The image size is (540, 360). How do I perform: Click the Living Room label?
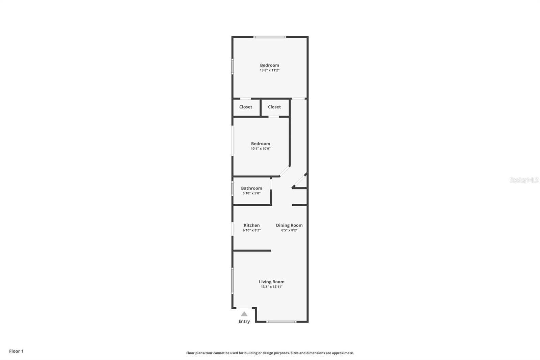[x=271, y=282]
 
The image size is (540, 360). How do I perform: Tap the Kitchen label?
[x=252, y=225]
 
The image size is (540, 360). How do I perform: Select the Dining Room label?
[x=289, y=225]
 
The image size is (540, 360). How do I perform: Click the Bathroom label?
[x=251, y=188]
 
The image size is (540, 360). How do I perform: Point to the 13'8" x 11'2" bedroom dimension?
[x=270, y=70]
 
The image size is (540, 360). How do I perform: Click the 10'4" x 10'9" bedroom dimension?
[x=261, y=149]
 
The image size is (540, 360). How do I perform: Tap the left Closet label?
[x=246, y=107]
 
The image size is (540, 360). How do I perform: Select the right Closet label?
[x=274, y=107]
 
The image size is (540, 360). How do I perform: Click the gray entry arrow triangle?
[x=244, y=314]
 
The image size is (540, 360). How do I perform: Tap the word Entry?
[x=244, y=321]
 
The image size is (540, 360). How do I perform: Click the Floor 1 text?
[x=16, y=351]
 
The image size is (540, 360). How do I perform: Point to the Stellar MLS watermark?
[x=524, y=180]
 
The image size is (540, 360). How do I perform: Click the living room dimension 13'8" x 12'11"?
[x=271, y=287]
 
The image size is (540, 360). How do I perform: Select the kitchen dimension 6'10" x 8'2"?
[x=252, y=230]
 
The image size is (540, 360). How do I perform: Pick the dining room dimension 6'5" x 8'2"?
[x=289, y=230]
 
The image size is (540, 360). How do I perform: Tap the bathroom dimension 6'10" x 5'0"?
[x=251, y=193]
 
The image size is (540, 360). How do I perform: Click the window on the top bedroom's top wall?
[x=270, y=37]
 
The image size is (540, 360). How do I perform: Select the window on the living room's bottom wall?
[x=281, y=322]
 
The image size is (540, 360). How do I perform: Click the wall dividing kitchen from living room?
[x=252, y=251]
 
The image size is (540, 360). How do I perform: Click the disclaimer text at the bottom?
[x=270, y=353]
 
